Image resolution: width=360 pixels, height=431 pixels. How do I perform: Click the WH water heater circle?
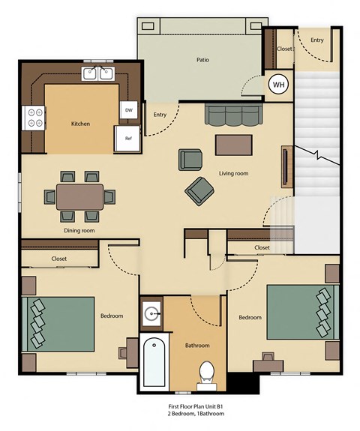pos(278,85)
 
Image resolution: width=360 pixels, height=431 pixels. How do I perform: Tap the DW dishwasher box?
pos(127,109)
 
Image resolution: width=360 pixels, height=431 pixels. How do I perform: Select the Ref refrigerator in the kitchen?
pos(127,139)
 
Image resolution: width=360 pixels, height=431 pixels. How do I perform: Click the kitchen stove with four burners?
pos(34,117)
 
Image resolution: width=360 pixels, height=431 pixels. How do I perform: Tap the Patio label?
pos(202,59)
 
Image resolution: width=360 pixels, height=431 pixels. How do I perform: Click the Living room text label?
pos(233,174)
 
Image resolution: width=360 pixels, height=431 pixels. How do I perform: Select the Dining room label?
pos(79,231)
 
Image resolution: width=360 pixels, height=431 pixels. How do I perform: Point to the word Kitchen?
pos(81,124)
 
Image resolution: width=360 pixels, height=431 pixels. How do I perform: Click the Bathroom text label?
pos(197,346)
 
